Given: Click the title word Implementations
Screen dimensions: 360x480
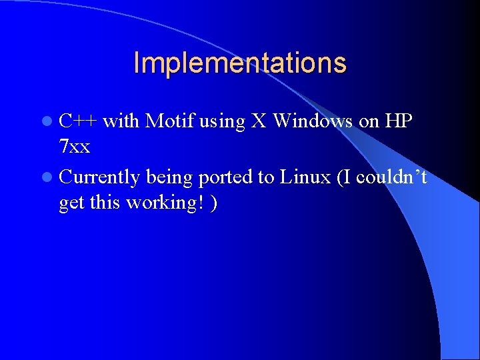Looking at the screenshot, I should click(x=240, y=63).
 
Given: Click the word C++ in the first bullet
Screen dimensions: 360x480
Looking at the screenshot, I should click(x=78, y=121).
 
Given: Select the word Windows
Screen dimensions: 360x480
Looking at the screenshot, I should click(x=313, y=121).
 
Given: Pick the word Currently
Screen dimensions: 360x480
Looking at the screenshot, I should click(x=99, y=177).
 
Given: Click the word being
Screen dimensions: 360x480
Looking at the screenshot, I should click(x=169, y=177).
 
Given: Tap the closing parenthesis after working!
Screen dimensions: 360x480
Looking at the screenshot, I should click(x=213, y=203).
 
